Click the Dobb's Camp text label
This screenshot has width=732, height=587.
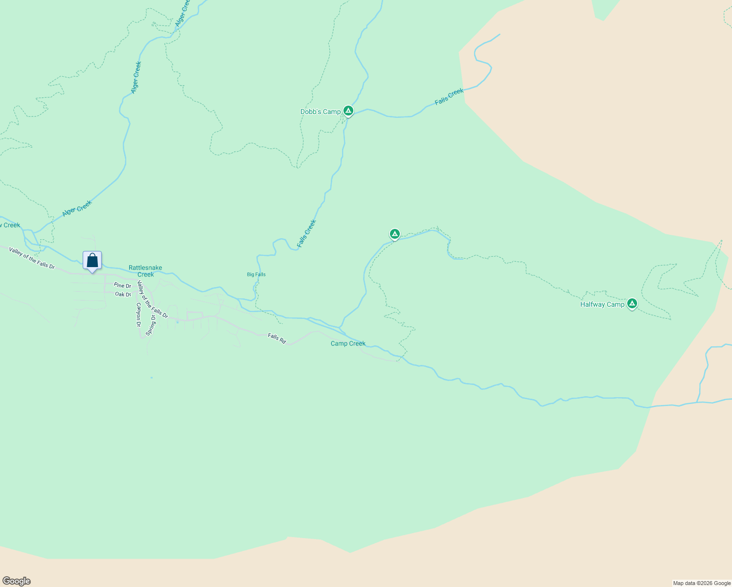[x=320, y=112]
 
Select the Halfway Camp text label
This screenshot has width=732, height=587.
[x=602, y=304]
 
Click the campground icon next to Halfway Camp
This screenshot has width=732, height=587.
[x=632, y=304]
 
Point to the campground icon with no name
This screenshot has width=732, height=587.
[x=395, y=234]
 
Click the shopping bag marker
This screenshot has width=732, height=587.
[x=92, y=260]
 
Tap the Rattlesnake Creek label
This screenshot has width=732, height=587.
[x=145, y=271]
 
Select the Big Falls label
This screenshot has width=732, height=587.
[x=256, y=274]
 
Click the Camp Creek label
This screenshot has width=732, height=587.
[x=348, y=343]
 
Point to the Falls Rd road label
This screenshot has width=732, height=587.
[x=277, y=338]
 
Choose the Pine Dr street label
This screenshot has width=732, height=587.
[x=122, y=286]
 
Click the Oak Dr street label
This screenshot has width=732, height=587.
[x=123, y=294]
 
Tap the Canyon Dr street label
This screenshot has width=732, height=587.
[x=138, y=315]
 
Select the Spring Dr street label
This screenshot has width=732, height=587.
[x=152, y=325]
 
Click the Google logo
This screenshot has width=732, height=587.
[x=16, y=581]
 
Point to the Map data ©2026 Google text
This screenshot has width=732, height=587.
[x=702, y=583]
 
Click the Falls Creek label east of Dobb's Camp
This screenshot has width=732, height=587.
[x=449, y=97]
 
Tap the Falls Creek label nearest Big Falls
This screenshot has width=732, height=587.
[x=307, y=233]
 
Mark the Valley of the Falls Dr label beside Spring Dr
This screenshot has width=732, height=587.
[x=152, y=300]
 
